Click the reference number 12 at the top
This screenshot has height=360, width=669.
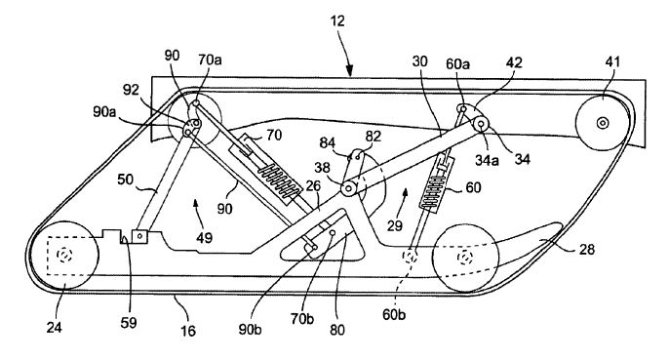coord(337,20)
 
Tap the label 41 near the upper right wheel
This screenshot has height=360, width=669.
coord(612,61)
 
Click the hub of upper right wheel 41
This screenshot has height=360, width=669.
coord(603,124)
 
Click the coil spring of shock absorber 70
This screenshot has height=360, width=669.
coord(280,182)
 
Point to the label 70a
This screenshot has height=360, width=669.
coord(210,60)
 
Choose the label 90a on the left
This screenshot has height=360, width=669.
coord(104,111)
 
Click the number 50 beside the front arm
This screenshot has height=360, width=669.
coord(126,180)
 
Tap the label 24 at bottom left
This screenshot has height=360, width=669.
coord(55,328)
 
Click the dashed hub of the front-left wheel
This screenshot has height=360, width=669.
coord(64,255)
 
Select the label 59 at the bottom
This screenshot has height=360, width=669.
coord(129,323)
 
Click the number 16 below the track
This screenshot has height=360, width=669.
coord(187,331)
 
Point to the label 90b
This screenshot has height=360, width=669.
coord(250,330)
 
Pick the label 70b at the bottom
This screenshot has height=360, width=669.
coord(302,319)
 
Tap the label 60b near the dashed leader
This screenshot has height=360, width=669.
coord(394,315)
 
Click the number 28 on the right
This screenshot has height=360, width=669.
coord(587,249)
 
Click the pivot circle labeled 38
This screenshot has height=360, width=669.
coord(348,188)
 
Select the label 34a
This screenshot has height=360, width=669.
coord(488,161)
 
